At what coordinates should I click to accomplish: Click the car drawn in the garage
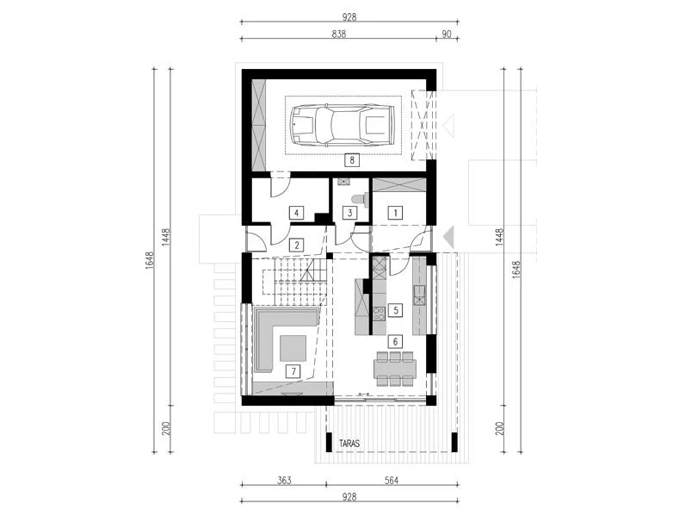(x=343, y=125)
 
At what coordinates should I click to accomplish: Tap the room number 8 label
(x=352, y=160)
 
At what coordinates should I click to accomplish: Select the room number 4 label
(x=296, y=214)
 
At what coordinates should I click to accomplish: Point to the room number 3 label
(x=350, y=213)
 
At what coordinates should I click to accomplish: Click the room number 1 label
(x=395, y=213)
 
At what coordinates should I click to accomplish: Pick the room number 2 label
(x=297, y=245)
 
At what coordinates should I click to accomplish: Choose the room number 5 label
(x=395, y=310)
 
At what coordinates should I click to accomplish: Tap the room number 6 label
(x=395, y=342)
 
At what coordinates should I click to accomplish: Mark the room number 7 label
(x=293, y=371)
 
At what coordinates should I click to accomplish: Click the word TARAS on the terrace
(x=349, y=444)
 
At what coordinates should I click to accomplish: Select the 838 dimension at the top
(x=339, y=34)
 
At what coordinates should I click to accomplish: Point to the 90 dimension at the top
(x=447, y=34)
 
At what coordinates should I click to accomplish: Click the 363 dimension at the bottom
(x=284, y=481)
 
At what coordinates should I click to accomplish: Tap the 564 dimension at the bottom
(x=391, y=481)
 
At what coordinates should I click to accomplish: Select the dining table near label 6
(x=395, y=369)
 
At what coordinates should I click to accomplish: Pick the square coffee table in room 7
(x=293, y=348)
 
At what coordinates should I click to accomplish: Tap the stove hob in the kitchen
(x=379, y=314)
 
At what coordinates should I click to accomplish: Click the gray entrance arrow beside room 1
(x=448, y=237)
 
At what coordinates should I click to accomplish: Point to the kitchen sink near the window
(x=419, y=295)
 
